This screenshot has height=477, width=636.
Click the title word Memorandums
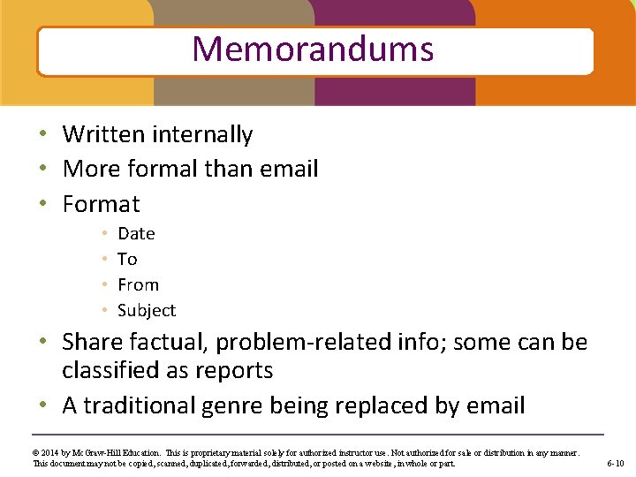[313, 49]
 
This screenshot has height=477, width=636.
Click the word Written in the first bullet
[103, 134]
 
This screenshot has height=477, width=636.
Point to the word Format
[101, 204]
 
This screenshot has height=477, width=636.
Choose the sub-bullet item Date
[136, 233]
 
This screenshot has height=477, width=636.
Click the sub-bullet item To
[127, 259]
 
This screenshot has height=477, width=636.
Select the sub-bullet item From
[138, 284]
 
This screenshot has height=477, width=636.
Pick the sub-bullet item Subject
[147, 310]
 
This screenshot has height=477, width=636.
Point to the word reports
[234, 370]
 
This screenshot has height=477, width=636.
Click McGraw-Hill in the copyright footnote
[93, 452]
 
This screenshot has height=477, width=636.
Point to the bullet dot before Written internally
[43, 135]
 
